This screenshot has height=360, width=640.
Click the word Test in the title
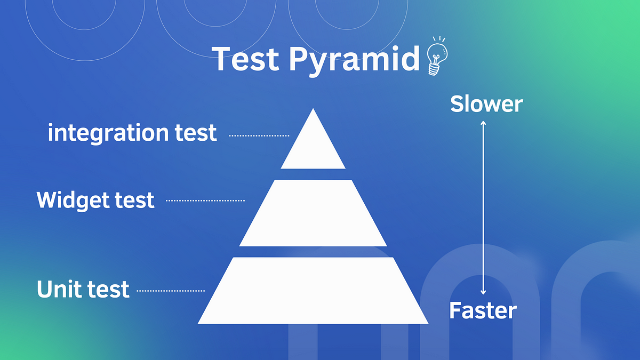coord(245,59)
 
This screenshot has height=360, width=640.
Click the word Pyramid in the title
coord(354,61)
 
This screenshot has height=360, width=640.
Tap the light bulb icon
coord(437,57)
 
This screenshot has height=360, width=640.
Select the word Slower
coord(486,103)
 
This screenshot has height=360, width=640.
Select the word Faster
coord(483,310)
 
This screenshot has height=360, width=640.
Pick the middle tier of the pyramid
coord(313,213)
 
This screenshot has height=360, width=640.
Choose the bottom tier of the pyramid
coord(313,290)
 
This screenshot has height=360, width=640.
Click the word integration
coord(108,133)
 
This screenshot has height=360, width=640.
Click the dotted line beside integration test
coord(259,135)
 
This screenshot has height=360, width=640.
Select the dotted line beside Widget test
coord(205,201)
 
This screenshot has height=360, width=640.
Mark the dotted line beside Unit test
coord(171,291)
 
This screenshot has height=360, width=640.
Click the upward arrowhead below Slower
coord(483,123)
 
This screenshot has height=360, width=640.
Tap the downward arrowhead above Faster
coord(483,292)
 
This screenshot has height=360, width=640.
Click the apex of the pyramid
coord(313,109)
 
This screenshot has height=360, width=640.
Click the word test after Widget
coord(134,200)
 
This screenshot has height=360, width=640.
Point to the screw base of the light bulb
coord(434,69)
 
